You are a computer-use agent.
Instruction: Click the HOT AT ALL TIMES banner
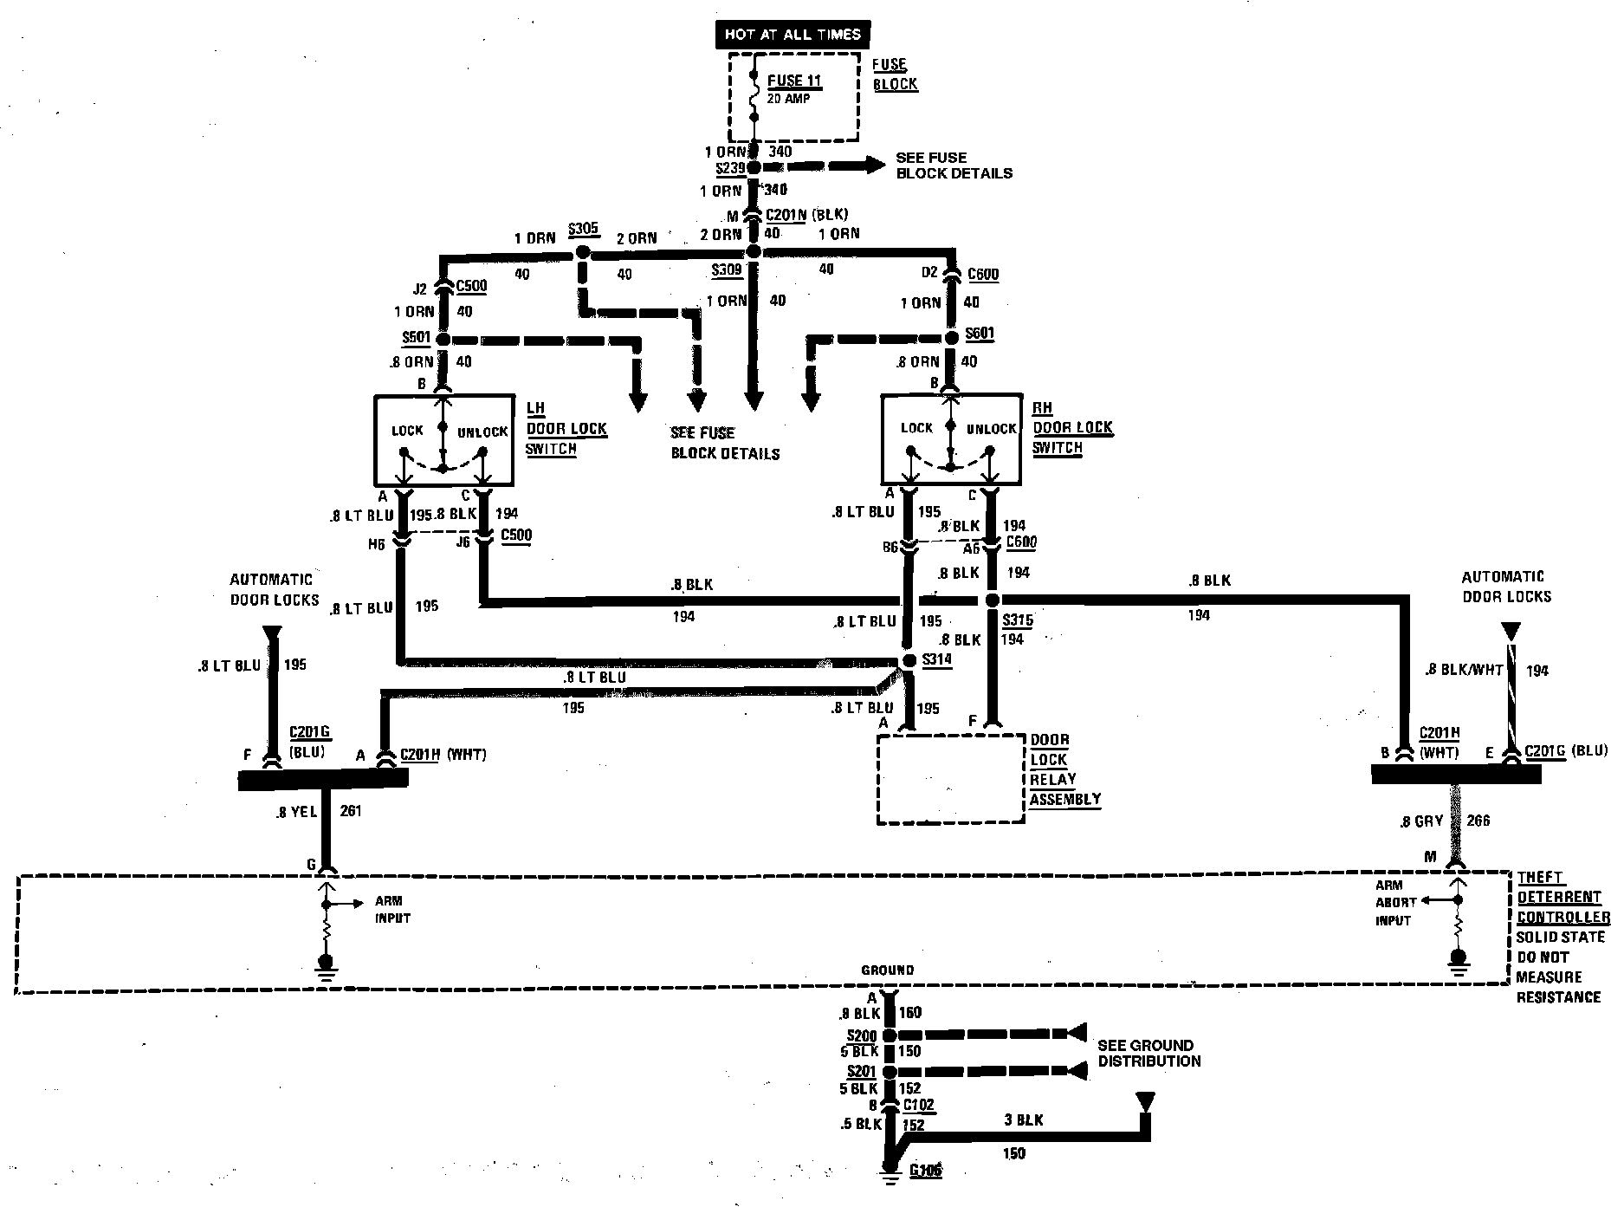pyautogui.click(x=792, y=35)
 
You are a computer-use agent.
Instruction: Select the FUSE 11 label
pyautogui.click(x=794, y=81)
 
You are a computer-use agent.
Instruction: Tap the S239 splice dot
pyautogui.click(x=754, y=166)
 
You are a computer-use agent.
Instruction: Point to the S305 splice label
pyautogui.click(x=583, y=230)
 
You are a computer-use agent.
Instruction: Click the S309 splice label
pyautogui.click(x=727, y=269)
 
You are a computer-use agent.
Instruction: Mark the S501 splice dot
pyautogui.click(x=443, y=339)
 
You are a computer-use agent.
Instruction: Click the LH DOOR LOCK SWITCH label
pyautogui.click(x=566, y=428)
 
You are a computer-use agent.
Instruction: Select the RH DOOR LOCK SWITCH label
pyautogui.click(x=1072, y=427)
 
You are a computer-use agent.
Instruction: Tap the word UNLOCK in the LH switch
pyautogui.click(x=482, y=432)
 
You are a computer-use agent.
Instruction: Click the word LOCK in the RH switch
pyautogui.click(x=916, y=428)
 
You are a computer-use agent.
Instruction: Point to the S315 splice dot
pyautogui.click(x=993, y=600)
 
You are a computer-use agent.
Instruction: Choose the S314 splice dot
pyautogui.click(x=909, y=660)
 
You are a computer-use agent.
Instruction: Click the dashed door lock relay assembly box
pyautogui.click(x=950, y=779)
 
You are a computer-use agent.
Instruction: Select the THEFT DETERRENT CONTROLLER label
pyautogui.click(x=1562, y=898)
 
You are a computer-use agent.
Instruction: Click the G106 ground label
pyautogui.click(x=925, y=1171)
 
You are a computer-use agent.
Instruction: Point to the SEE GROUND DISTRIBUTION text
pyautogui.click(x=1148, y=1053)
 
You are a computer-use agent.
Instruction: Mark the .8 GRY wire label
pyautogui.click(x=1421, y=821)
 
